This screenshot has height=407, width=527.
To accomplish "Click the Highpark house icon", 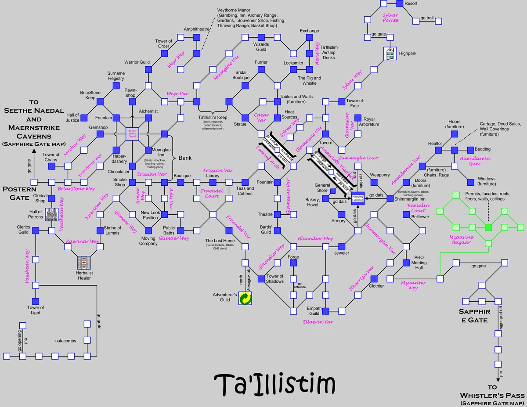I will (x=390, y=53).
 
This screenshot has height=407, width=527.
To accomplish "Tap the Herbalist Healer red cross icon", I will (x=83, y=263).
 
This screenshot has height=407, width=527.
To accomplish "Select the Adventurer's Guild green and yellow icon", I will (x=245, y=299).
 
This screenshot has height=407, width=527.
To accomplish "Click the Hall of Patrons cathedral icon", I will (x=52, y=214).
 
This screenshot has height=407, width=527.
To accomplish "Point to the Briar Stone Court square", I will (x=133, y=133).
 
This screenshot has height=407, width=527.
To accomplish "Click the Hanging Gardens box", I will (x=358, y=198).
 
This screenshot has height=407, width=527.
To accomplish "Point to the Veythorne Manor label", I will (x=251, y=18).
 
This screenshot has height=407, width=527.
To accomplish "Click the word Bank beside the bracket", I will (x=185, y=158).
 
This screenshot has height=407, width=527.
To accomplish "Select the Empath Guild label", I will (x=314, y=311).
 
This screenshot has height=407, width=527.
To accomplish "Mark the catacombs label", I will (x=66, y=340).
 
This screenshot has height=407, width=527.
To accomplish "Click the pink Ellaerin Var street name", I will (x=318, y=322).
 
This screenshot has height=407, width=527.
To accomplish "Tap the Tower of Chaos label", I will (x=51, y=157).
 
